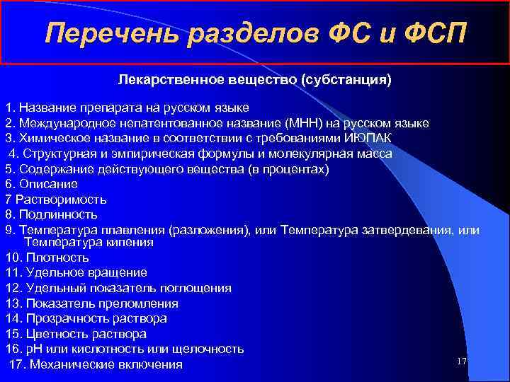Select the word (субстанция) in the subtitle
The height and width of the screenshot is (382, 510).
point(346,80)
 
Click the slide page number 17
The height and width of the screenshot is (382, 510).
point(462,361)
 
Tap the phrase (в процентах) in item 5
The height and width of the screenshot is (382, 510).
point(295,168)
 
